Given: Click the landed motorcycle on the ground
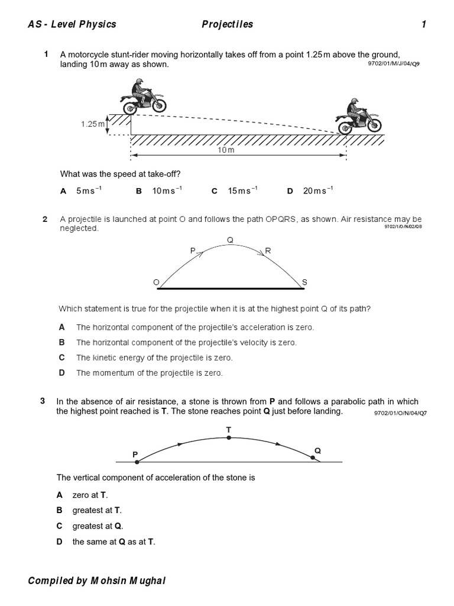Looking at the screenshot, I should pos(359,117).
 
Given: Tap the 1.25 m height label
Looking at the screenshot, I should pos(92,124).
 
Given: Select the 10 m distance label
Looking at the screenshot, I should pos(226,151).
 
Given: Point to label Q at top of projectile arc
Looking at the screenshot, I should pos(230,240).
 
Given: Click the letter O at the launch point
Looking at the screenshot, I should pos(157,283).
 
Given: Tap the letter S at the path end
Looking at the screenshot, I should pos(304,283).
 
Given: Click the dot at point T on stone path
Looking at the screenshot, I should pos(228,439).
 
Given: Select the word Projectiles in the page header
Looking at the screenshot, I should pos(228,24).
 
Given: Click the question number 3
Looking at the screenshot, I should pos(43,401).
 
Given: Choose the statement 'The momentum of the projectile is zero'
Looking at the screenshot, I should pos(149,373).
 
